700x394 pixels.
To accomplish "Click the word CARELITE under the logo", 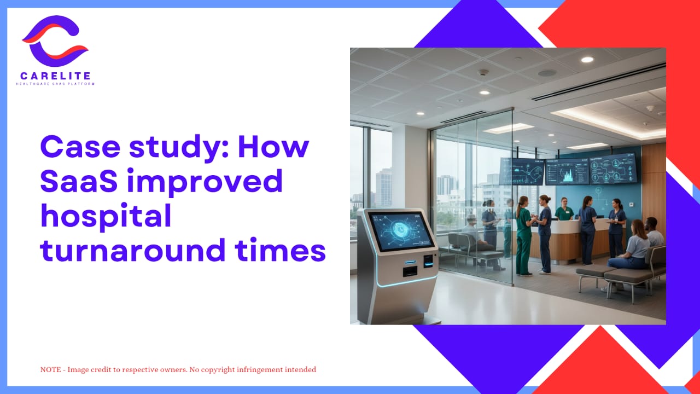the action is (56, 76).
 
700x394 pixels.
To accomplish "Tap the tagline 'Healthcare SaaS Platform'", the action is (55, 84).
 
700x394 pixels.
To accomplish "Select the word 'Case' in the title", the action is (80, 147).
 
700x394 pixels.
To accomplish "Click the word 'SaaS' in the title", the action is (79, 181).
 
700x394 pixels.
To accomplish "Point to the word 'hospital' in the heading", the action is (106, 216).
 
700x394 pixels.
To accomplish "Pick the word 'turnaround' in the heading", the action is (133, 250).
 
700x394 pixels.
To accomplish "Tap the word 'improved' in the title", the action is (205, 181).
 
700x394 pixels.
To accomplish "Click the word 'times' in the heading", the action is (281, 250).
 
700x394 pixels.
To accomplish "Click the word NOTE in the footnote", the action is (51, 369).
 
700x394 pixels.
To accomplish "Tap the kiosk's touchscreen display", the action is (400, 231).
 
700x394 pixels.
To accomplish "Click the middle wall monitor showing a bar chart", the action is (567, 172).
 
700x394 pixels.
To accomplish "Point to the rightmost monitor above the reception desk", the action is (613, 168).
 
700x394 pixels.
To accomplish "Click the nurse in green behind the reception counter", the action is (564, 209).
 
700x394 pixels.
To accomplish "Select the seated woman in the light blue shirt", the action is (628, 247).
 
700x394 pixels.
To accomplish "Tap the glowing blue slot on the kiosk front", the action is (410, 262).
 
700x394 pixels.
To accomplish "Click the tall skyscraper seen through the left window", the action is (384, 187).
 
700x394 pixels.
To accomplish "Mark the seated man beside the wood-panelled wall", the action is (654, 233).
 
